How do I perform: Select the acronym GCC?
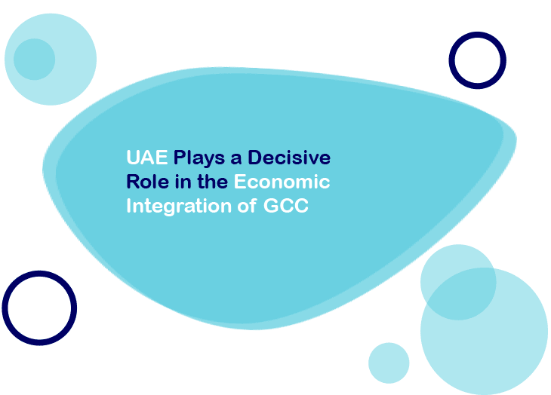(286, 206)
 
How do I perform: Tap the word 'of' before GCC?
(245, 206)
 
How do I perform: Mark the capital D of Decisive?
(254, 158)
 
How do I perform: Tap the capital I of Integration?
(128, 206)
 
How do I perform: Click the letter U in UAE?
(132, 158)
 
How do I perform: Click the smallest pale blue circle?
(389, 363)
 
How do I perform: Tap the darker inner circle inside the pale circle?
(34, 59)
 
